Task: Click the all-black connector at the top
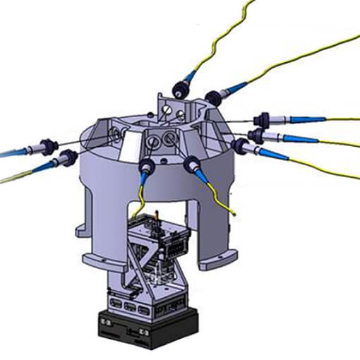[x=181, y=88]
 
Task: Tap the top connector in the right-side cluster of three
[x=263, y=119]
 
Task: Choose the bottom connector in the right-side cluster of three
[x=240, y=146]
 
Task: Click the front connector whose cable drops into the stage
[x=148, y=167]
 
